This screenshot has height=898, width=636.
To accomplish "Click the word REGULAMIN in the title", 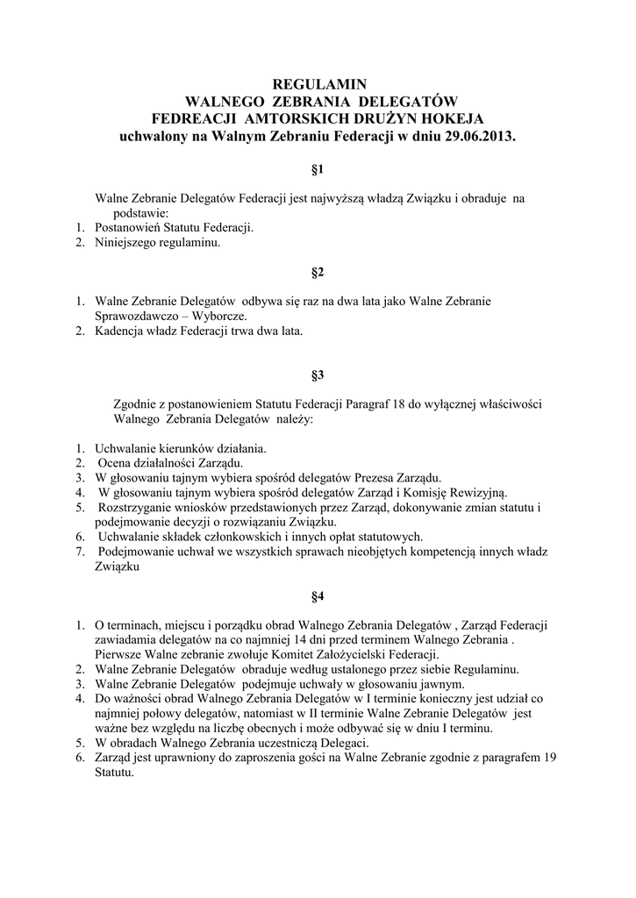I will point(318,85).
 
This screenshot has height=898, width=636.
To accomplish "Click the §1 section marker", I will point(318,167).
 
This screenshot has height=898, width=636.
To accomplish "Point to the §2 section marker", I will point(318,272).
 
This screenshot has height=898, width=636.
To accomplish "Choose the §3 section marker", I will point(318,375).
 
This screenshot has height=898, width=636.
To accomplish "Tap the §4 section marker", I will point(318,596).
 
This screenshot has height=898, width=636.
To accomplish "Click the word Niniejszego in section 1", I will point(125,241).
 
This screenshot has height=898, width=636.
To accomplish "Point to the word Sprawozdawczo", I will point(136,316).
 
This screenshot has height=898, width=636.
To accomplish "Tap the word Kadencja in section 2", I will point(120,331).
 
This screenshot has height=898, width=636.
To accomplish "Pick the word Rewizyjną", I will point(486,492).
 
